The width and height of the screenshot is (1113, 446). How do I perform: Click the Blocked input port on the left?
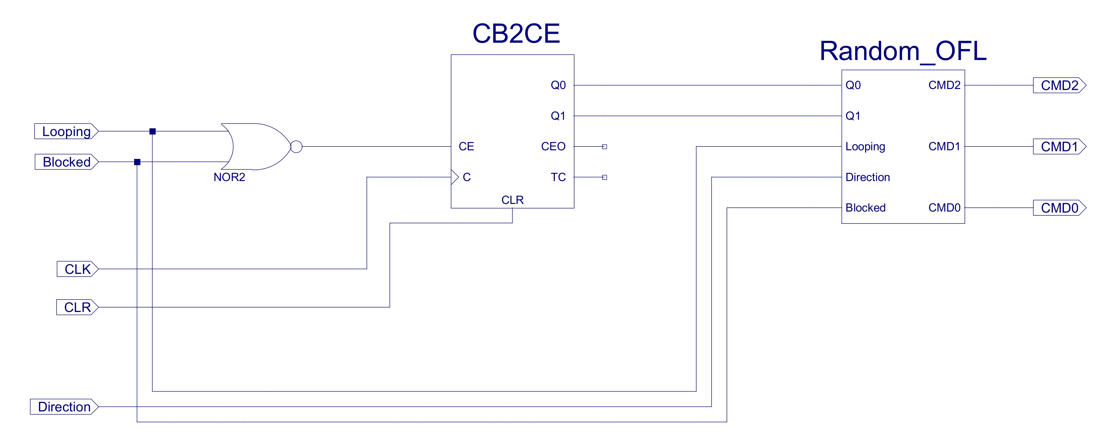point(66,162)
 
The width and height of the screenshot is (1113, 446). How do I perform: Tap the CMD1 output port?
point(1059,147)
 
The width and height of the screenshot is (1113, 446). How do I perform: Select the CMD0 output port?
point(1059,208)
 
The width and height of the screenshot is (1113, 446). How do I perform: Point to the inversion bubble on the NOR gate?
point(296,147)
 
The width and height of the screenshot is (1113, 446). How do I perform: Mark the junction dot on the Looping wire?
point(152,131)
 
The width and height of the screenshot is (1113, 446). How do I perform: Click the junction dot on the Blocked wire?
point(137,162)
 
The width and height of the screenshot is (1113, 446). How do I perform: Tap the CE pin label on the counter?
point(466,147)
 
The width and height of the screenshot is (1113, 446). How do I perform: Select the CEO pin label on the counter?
point(553,147)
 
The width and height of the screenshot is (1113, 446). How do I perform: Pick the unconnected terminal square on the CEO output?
point(604,147)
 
